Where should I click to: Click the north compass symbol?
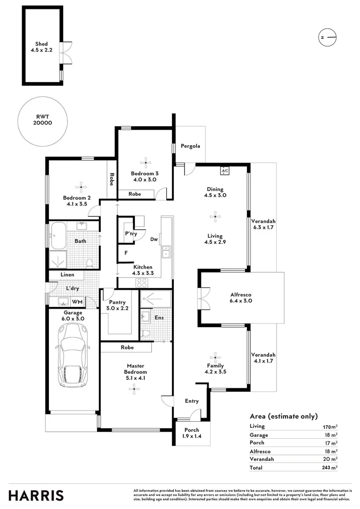[x=327, y=37]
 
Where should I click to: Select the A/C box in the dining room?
[x=225, y=171]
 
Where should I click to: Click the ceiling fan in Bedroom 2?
[x=82, y=187]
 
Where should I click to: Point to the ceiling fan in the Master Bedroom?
[x=135, y=389]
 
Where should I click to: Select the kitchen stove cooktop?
[x=142, y=283]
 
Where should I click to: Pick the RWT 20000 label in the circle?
[x=42, y=119]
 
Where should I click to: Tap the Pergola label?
[x=190, y=146]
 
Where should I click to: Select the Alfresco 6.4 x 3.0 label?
[x=241, y=297]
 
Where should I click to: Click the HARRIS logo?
[x=36, y=495]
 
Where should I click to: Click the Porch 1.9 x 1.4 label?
[x=191, y=433]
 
